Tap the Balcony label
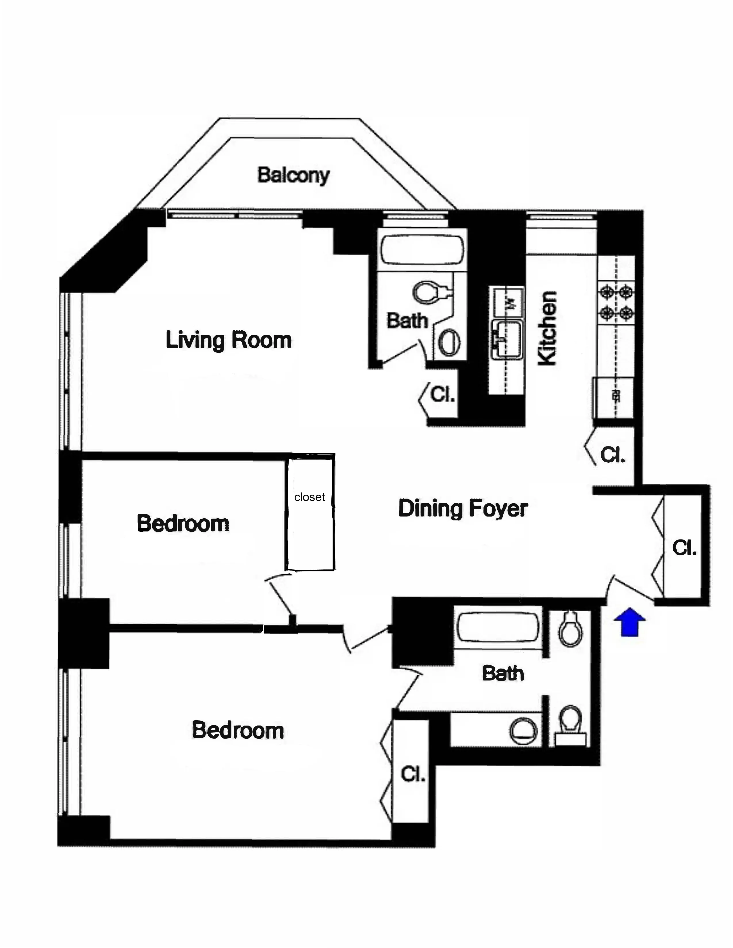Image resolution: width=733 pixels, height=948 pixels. tap(293, 175)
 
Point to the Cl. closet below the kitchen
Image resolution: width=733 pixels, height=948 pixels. tap(612, 455)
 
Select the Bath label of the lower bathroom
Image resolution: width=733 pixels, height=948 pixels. tap(503, 673)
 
